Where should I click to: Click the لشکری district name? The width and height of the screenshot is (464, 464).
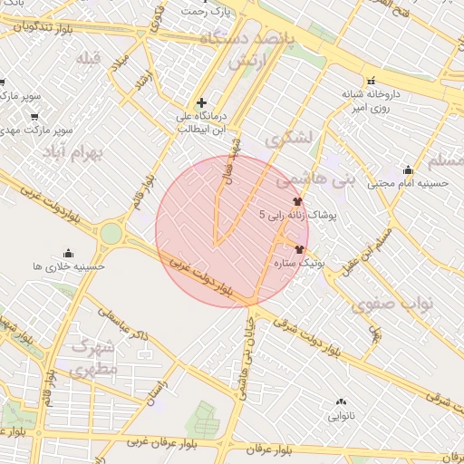(x=289, y=140)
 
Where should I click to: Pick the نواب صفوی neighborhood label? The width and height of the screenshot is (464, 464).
(x=395, y=303)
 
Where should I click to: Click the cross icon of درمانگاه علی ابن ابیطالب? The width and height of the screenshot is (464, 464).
(x=201, y=102)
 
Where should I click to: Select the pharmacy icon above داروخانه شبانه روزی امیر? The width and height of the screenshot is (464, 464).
(x=372, y=80)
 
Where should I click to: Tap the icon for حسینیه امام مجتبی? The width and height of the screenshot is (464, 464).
(x=408, y=169)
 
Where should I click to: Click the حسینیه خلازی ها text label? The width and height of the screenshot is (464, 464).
(x=69, y=266)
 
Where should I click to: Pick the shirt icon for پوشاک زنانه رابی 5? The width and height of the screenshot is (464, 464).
(x=297, y=201)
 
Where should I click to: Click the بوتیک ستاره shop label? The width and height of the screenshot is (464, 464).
(x=300, y=263)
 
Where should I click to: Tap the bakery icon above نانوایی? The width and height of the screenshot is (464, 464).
(x=341, y=401)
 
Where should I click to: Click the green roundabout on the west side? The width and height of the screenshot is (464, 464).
(x=111, y=233)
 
